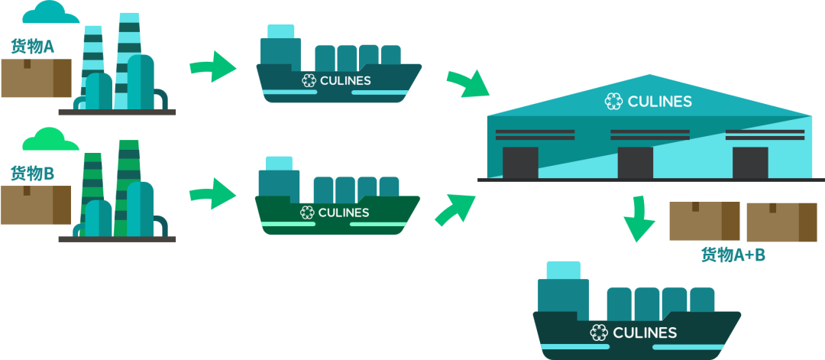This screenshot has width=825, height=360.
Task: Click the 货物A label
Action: [32, 47]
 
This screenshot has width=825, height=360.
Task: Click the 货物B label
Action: [32, 174]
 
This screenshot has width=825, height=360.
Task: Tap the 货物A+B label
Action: [733, 255]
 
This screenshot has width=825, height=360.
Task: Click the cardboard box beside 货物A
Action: [36, 79]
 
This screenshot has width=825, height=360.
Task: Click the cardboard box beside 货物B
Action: [36, 205]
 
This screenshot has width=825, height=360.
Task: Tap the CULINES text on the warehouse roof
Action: [659, 102]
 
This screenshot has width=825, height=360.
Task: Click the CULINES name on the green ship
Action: [344, 212]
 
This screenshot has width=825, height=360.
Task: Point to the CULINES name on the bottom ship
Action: [645, 332]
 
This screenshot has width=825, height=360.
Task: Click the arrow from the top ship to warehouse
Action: [467, 83]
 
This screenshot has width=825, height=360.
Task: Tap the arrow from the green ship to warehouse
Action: [455, 209]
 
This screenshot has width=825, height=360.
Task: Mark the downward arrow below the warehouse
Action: [639, 220]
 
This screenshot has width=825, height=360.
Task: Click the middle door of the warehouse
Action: [635, 163]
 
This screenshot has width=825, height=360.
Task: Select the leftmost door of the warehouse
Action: [520, 163]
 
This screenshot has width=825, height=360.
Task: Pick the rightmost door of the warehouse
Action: [749, 163]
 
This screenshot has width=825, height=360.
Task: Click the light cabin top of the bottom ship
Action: [563, 270]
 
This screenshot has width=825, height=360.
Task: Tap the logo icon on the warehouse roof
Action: [613, 102]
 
